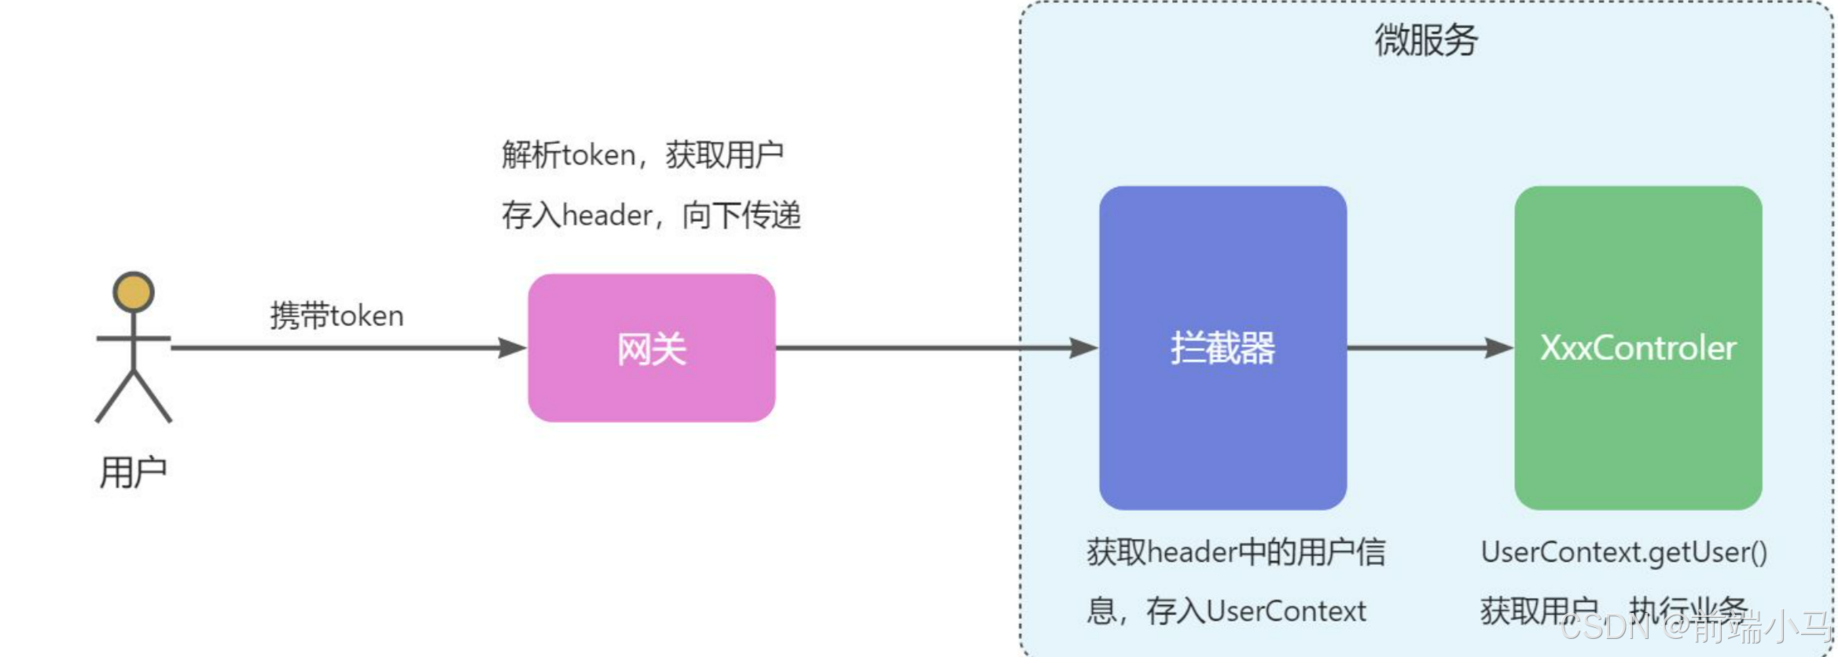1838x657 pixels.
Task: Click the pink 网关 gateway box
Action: pyautogui.click(x=651, y=393)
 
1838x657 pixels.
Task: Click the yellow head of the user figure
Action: pyautogui.click(x=133, y=292)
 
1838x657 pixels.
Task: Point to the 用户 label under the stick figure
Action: pyautogui.click(x=133, y=472)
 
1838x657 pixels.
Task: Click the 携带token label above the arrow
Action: pyautogui.click(x=336, y=316)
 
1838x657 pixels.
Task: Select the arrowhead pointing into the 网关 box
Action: pyautogui.click(x=513, y=347)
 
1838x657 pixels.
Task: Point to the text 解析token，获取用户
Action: pyautogui.click(x=642, y=155)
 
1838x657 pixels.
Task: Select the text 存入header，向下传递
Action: pyautogui.click(x=651, y=215)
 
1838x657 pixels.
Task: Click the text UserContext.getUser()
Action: pyautogui.click(x=1623, y=552)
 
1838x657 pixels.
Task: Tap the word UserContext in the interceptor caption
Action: pyautogui.click(x=1286, y=611)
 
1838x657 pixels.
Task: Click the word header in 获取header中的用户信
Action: pyautogui.click(x=1193, y=552)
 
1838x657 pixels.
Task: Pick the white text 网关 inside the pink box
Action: pyautogui.click(x=651, y=349)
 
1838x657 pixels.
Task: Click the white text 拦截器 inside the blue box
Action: pyautogui.click(x=1222, y=347)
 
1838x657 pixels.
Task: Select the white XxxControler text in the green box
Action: pyautogui.click(x=1638, y=347)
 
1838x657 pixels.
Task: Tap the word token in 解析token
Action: pyautogui.click(x=598, y=155)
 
